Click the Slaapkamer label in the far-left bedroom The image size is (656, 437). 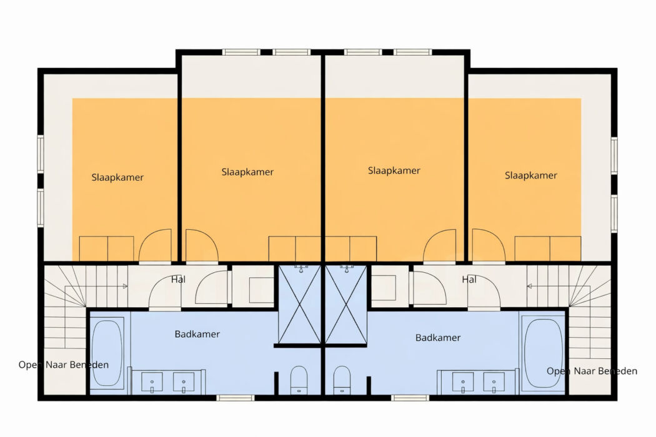pos(117,177)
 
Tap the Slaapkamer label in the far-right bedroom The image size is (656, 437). pos(531,175)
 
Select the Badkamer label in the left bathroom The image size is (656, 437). pos(197,334)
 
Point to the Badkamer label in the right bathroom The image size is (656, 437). pos(437,338)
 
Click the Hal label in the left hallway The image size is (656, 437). pos(178,279)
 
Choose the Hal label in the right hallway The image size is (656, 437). pos(469,279)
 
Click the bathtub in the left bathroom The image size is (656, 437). pos(107,353)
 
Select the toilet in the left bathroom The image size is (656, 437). pos(299,380)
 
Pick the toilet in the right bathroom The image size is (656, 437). pos(342,380)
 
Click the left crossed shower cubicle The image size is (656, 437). pos(299,305)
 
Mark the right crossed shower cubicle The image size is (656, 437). pos(346,305)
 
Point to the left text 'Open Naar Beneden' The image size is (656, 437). pos(64,365)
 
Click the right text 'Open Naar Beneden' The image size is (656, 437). pos(592,371)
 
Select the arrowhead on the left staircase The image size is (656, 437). pos(125,286)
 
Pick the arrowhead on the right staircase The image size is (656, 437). pos(529,286)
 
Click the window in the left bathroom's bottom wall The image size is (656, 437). pos(235,398)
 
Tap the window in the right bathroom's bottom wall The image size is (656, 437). pos(410,398)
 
